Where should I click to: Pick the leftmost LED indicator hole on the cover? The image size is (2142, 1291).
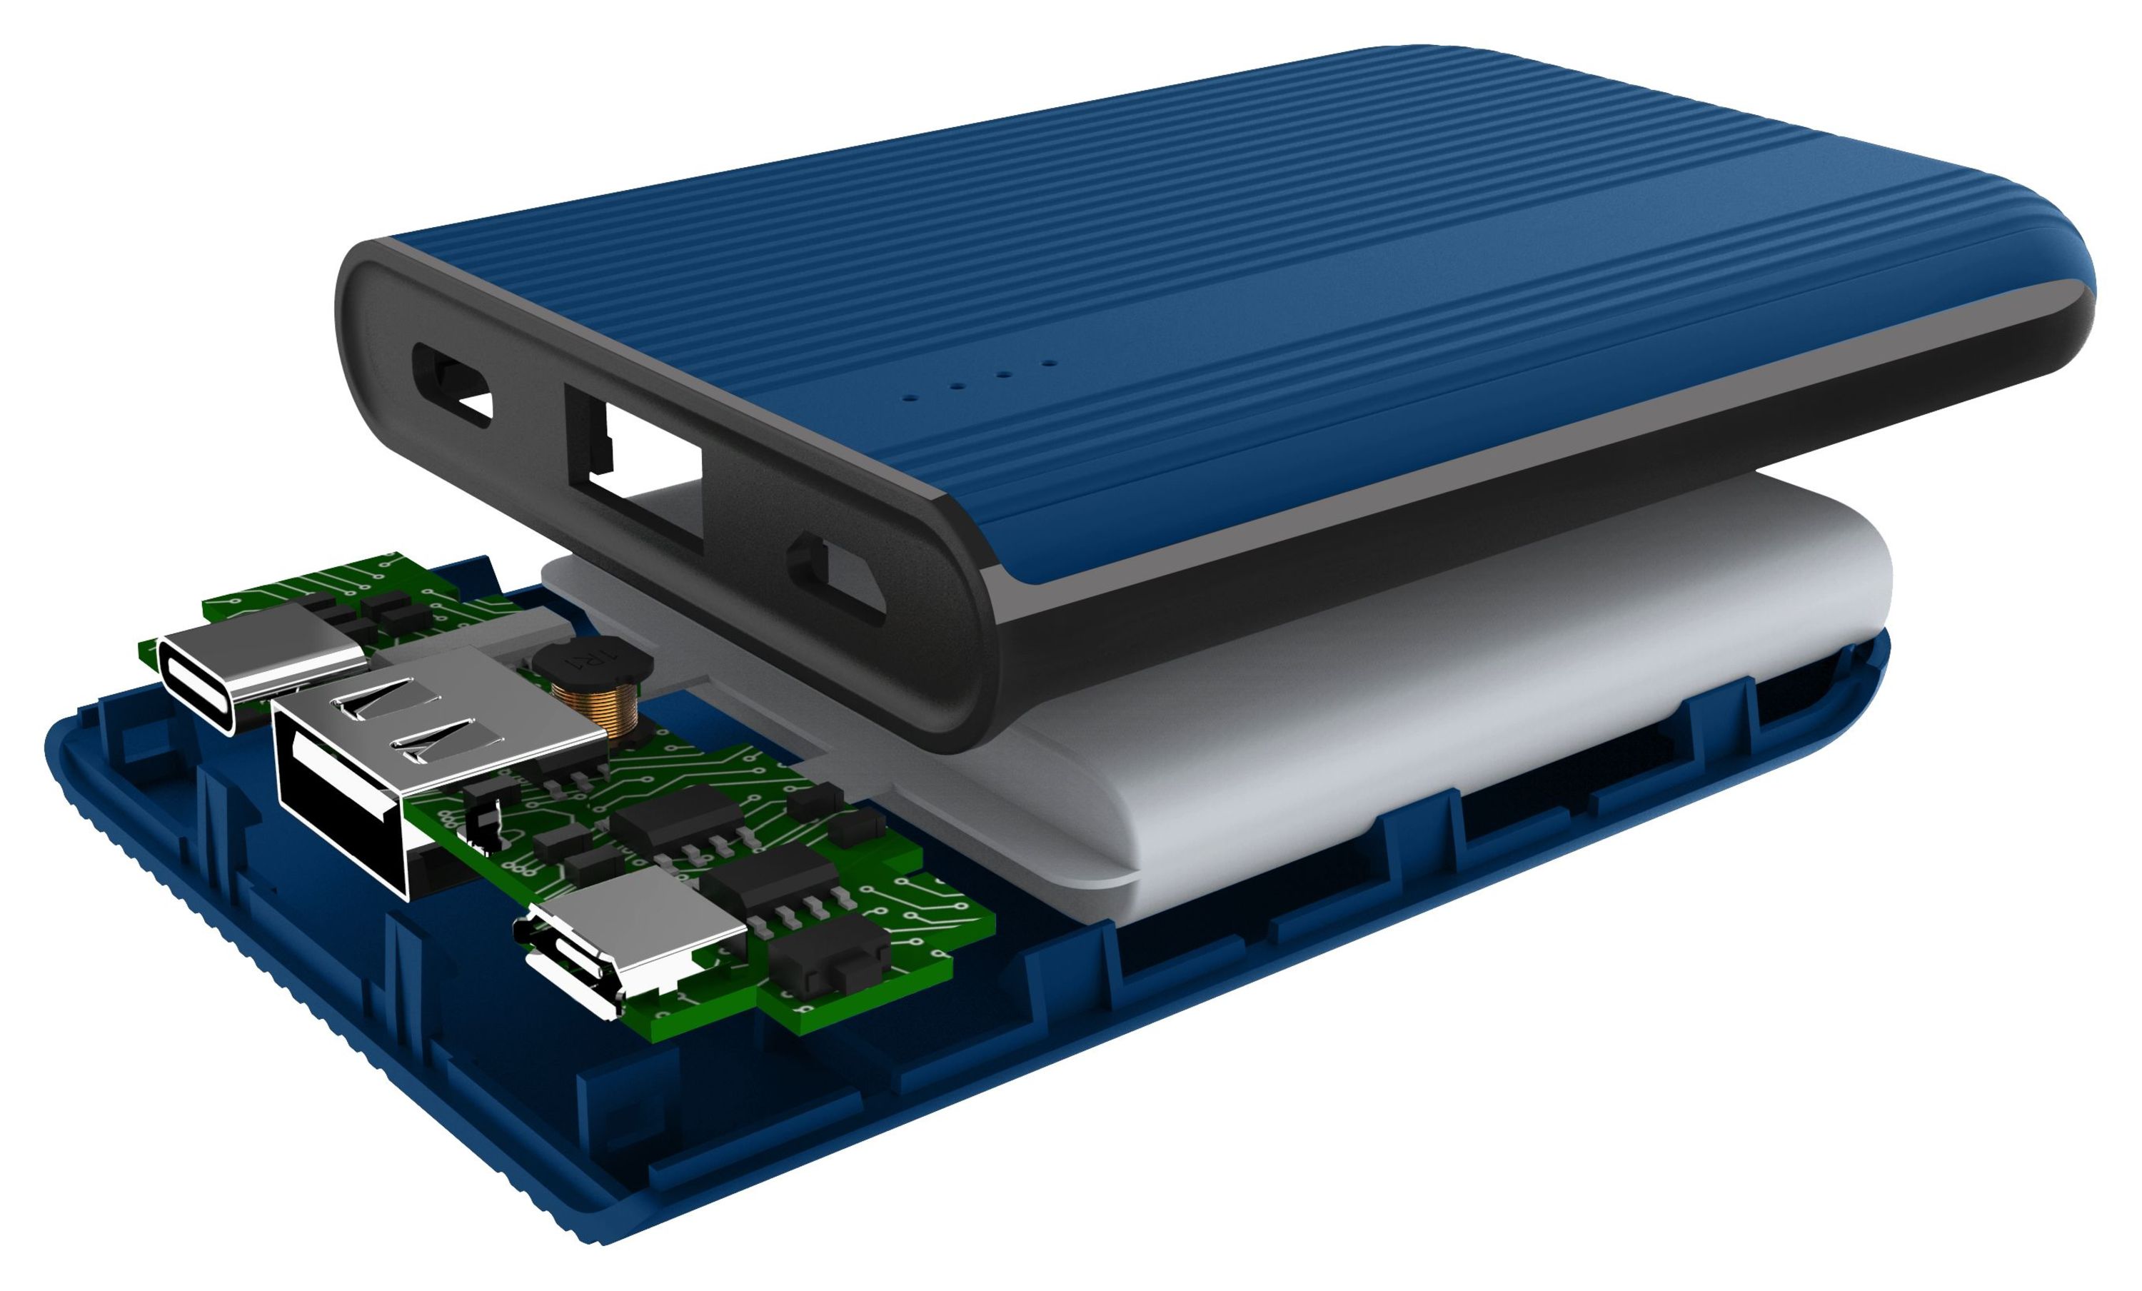[911, 398]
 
